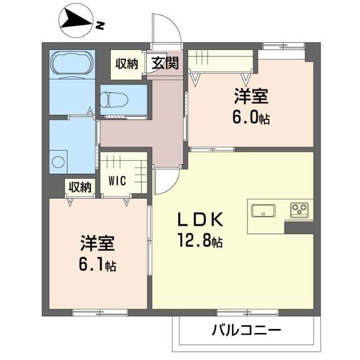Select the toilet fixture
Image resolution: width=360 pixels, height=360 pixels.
[114, 100]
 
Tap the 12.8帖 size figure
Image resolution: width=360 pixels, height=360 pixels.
[201, 242]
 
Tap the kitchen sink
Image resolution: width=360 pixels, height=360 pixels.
[263, 211]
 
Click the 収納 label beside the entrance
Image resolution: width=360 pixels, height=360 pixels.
[127, 63]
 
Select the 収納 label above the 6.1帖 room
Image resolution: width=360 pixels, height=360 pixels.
[80, 187]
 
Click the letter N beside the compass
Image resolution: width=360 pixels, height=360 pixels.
[100, 25]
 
